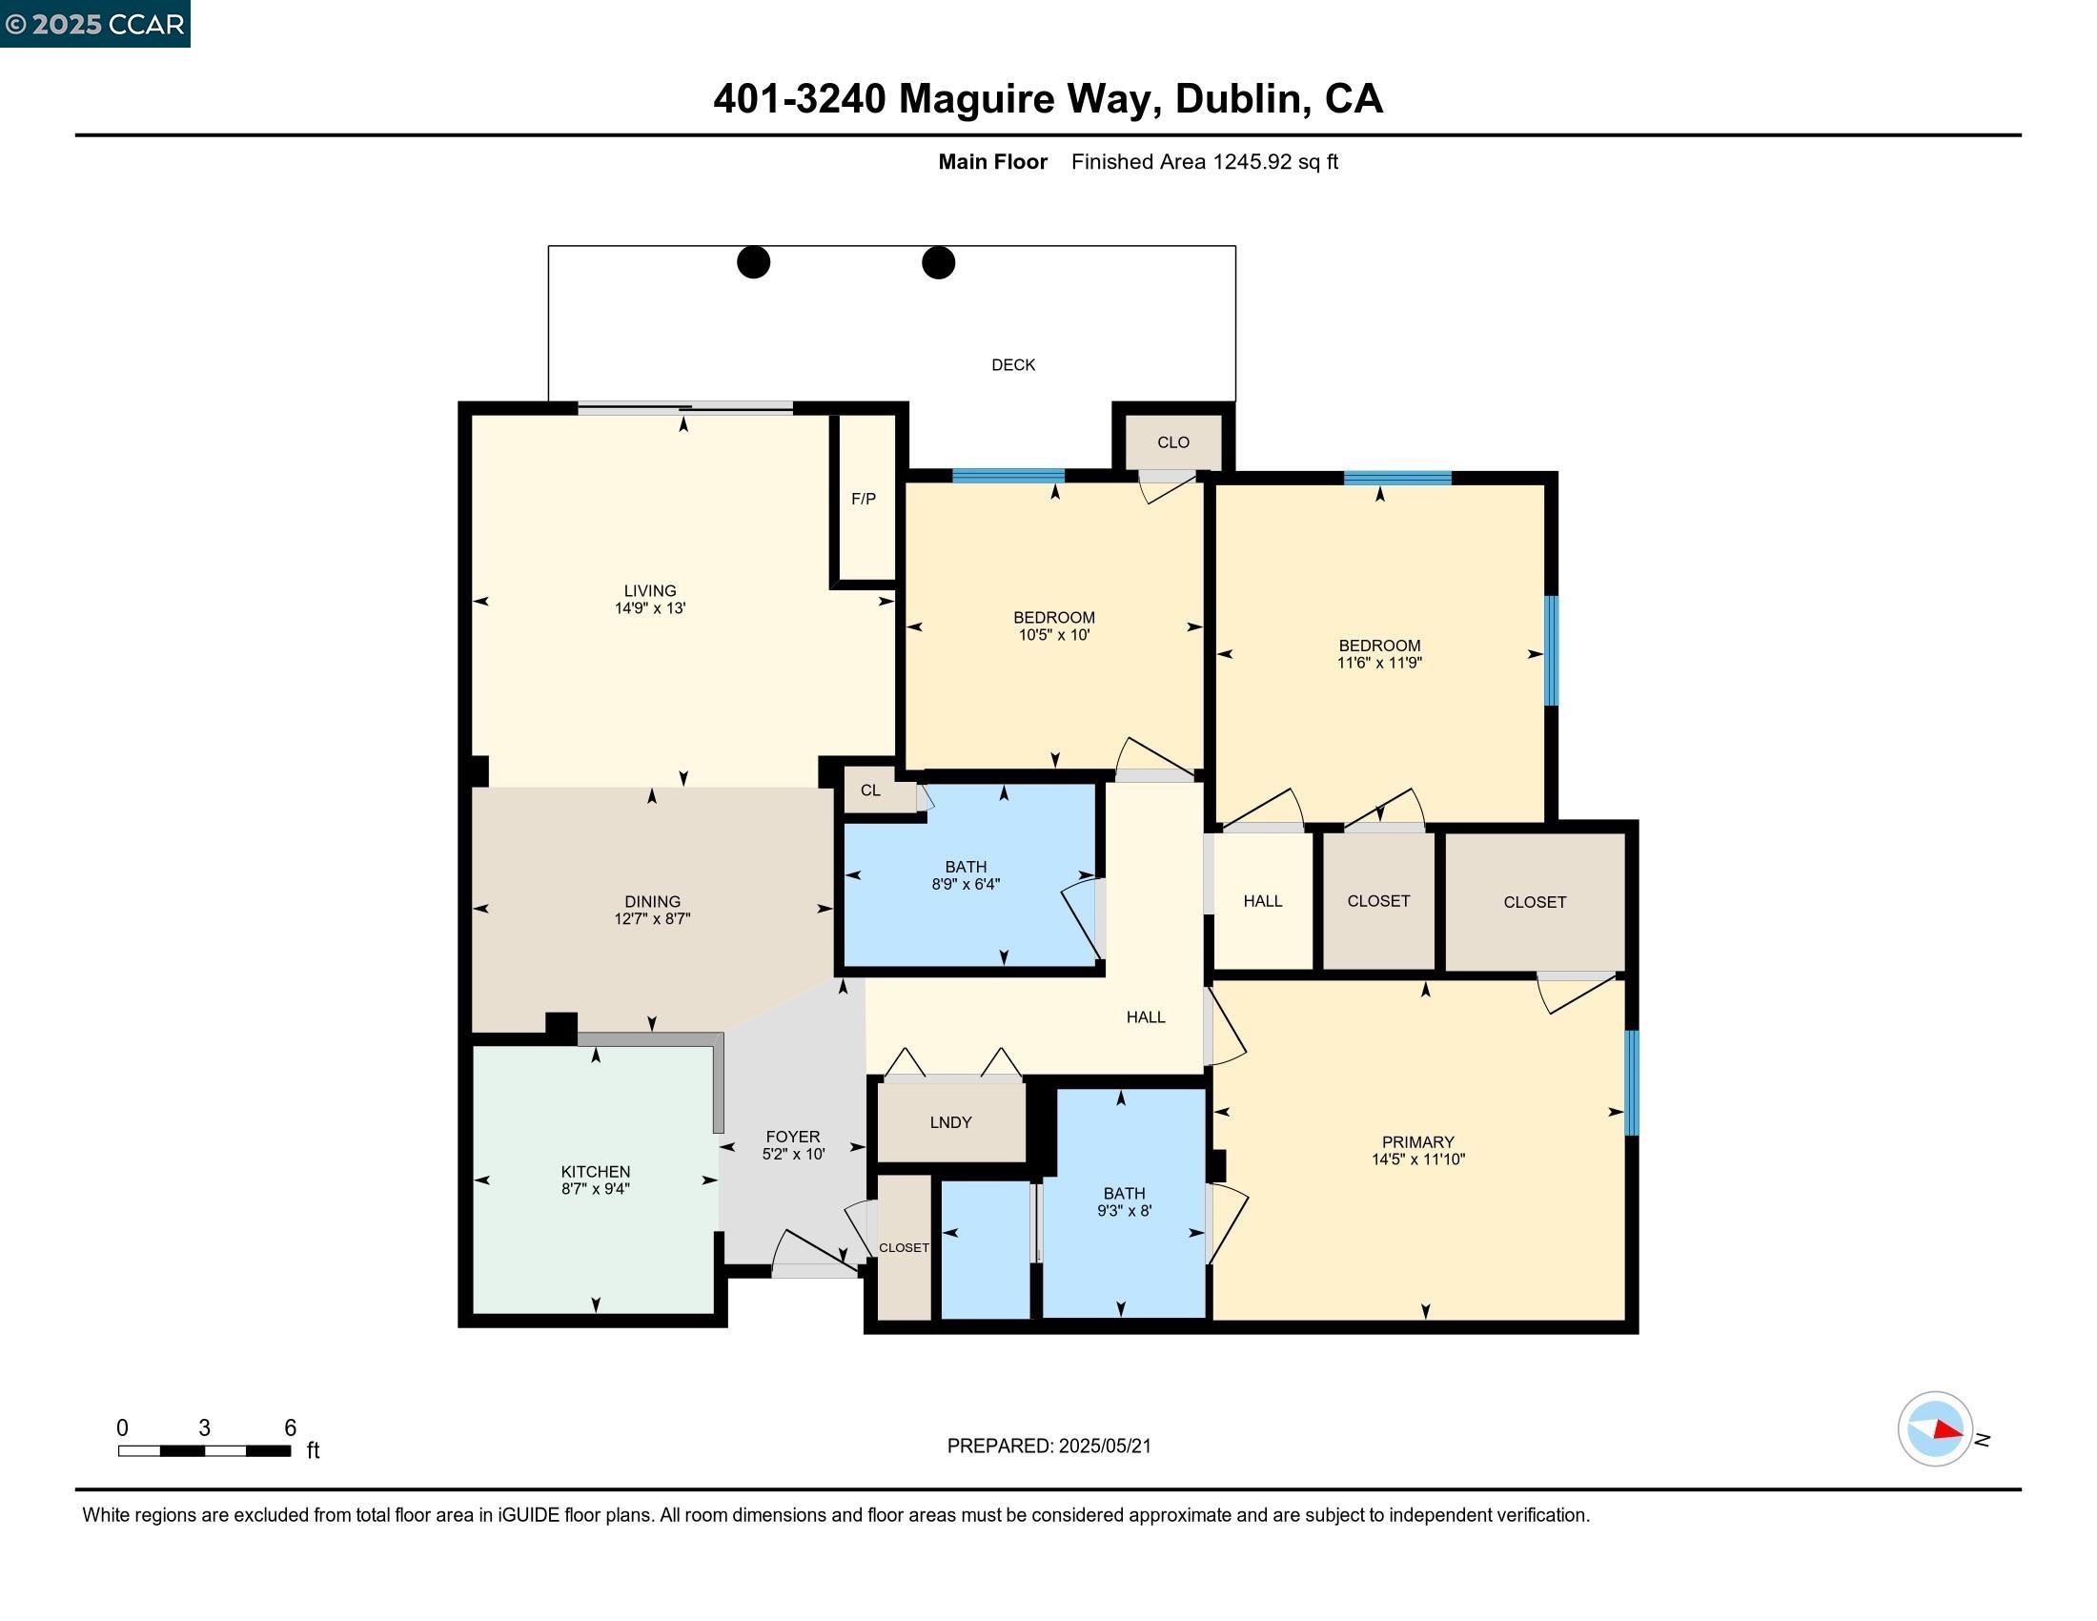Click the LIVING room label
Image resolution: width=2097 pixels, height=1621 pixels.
tap(650, 590)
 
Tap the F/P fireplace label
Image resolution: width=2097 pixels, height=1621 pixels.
tap(864, 499)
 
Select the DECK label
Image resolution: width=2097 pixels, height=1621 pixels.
tap(1013, 365)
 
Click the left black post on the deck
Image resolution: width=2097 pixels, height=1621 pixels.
tap(754, 262)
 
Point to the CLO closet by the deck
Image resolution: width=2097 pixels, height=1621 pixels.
tap(1172, 441)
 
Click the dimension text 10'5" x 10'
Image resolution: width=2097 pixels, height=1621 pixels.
tap(1053, 635)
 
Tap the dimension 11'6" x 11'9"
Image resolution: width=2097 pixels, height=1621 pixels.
tap(1379, 663)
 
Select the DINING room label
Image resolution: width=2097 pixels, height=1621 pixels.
tap(652, 901)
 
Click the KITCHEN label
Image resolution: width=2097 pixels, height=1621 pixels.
tap(596, 1172)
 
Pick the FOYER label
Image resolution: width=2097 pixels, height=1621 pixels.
tap(792, 1136)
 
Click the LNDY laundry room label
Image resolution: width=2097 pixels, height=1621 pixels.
tap(950, 1121)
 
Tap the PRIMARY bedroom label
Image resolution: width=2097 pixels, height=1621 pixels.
tap(1417, 1141)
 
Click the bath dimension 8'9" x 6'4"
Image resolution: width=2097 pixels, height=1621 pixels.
tap(965, 885)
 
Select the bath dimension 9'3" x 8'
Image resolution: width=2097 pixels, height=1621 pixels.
tap(1124, 1211)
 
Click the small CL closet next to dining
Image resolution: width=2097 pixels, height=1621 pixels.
tap(870, 790)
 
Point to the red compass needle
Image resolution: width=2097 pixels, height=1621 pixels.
tap(1948, 1430)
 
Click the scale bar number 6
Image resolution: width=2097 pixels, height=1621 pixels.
tap(290, 1428)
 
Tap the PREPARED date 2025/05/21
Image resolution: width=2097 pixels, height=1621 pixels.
tap(1103, 1447)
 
